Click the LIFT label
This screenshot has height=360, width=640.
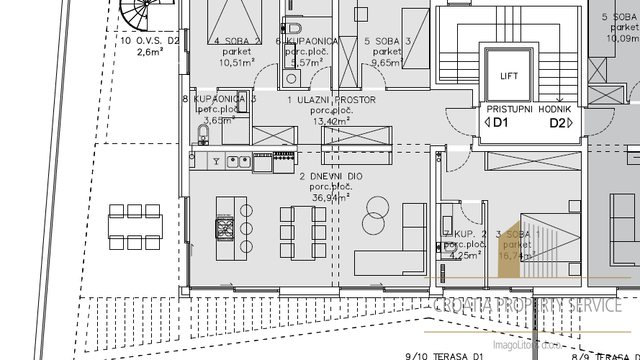click(x=509, y=76)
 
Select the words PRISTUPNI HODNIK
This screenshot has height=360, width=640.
click(x=529, y=109)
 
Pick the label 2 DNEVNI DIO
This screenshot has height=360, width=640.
click(x=331, y=176)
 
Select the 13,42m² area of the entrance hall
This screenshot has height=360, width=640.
click(x=331, y=121)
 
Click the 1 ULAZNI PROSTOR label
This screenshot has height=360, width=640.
click(x=331, y=100)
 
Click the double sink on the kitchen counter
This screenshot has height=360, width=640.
click(x=238, y=162)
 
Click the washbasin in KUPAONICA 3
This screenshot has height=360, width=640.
click(x=203, y=133)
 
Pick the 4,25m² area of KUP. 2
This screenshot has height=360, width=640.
click(x=464, y=254)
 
